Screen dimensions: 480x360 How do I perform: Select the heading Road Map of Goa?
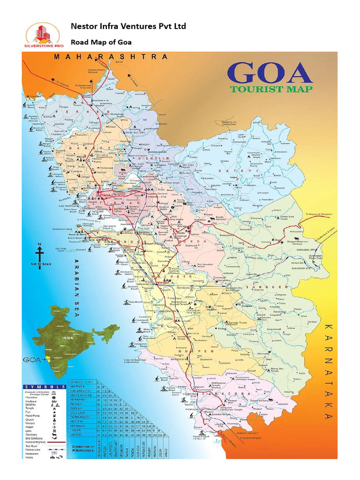pyautogui.click(x=101, y=42)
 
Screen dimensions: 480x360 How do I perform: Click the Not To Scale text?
pyautogui.click(x=40, y=265)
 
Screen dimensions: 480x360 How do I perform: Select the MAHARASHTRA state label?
pyautogui.click(x=110, y=56)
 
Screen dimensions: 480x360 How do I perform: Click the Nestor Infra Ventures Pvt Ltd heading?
pyautogui.click(x=128, y=26)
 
